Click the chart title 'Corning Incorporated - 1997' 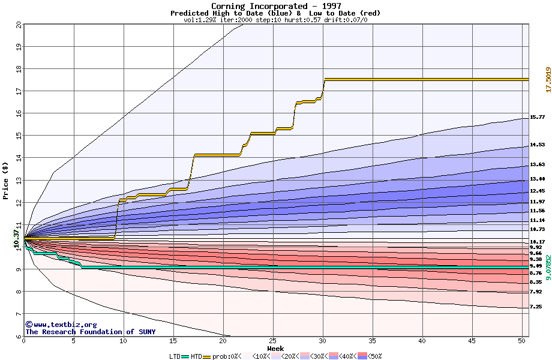(276, 6)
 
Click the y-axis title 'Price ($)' (6, 181)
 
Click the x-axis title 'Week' (275, 349)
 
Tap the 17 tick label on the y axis (19, 91)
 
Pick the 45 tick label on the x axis (472, 341)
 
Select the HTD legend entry (196, 356)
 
